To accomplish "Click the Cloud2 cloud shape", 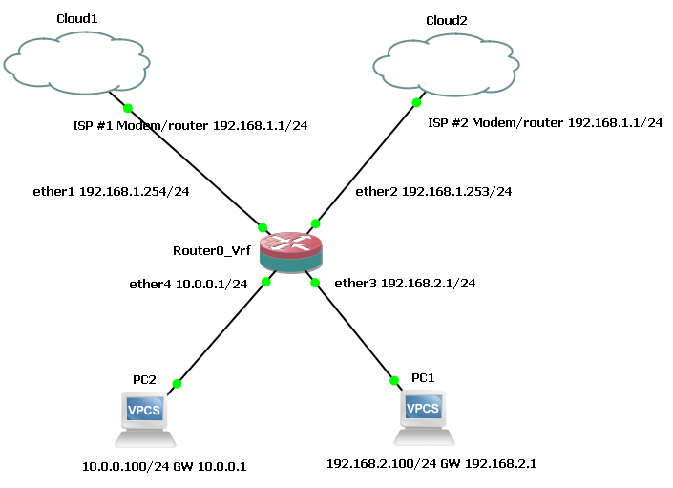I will coord(447,66).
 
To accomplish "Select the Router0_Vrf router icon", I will coord(291,249).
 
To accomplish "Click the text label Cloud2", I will coord(446,20).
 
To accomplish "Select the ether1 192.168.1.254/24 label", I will coord(111,191).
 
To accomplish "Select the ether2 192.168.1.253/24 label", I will coord(433,191).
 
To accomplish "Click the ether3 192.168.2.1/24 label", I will coord(405,283).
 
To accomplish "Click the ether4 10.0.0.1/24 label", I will coord(188,283).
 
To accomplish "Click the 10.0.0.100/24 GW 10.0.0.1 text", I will coord(164,466).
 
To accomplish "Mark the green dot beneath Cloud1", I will coord(128,108).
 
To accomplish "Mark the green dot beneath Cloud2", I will coord(416,102).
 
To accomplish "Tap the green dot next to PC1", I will coord(394,381).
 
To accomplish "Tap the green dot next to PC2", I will coord(176,384).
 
